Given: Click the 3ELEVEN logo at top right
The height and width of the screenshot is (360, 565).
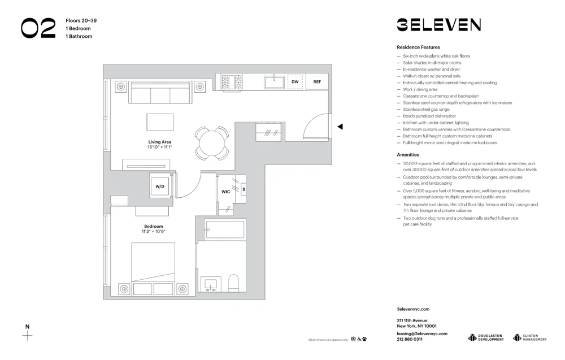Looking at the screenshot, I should (438, 25).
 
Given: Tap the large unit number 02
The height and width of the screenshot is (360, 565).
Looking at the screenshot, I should (38, 28).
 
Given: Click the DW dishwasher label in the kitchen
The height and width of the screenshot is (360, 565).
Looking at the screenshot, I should (295, 82).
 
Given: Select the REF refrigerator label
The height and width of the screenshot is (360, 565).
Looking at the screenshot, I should (317, 82).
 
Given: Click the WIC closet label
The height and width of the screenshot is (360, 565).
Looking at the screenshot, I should (225, 192).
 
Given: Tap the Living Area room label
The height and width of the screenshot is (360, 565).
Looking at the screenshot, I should (160, 142).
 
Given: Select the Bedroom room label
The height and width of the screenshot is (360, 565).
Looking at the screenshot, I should (153, 226).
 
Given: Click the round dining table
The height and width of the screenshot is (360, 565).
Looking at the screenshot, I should (212, 142).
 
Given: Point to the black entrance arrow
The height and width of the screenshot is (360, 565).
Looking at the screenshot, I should (340, 127).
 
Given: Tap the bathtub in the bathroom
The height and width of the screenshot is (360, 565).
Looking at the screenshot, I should (225, 230).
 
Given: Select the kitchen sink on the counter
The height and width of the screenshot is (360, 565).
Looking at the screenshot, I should (275, 83).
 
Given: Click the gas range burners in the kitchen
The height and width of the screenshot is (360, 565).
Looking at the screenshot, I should (231, 83).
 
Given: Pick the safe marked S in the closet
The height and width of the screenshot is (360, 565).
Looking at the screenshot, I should (244, 189).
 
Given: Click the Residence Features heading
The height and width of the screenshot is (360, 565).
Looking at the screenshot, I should (418, 47).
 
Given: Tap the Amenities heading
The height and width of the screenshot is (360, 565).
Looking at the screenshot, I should (408, 154).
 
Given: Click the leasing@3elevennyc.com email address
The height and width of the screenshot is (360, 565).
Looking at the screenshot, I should (422, 333).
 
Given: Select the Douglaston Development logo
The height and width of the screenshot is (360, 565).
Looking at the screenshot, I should (486, 337).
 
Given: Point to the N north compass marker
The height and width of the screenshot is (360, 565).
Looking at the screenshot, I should (27, 327).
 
